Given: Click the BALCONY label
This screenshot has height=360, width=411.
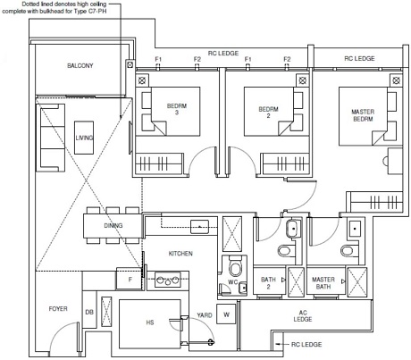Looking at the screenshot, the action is click(80, 65).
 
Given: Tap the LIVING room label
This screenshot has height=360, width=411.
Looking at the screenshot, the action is click(84, 138).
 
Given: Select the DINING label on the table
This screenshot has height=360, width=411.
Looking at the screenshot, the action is click(113, 226).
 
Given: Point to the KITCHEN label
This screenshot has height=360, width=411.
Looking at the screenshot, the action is click(180, 254).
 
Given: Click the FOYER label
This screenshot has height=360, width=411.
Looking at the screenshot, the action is click(58, 309).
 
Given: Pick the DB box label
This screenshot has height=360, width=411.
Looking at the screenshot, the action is click(89, 312).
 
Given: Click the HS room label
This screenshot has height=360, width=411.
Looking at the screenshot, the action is click(150, 322).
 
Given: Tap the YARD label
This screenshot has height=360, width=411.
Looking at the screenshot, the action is click(205, 315).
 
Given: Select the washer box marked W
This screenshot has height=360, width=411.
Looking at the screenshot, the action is click(226, 314).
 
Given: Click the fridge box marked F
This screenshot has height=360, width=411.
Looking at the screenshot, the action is click(129, 279).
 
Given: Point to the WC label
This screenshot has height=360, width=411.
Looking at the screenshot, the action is click(232, 282).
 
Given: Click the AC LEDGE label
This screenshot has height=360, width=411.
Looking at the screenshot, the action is click(303, 316).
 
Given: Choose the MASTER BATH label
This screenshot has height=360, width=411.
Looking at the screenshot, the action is click(323, 283).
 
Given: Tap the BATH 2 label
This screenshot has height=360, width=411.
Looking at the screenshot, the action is click(268, 283).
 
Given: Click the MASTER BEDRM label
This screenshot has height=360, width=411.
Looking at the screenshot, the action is click(363, 115).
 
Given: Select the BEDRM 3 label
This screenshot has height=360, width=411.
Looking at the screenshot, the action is click(177, 109).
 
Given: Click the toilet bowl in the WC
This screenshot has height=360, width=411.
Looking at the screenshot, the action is click(236, 269).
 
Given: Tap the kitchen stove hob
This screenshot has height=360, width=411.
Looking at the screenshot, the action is click(168, 280).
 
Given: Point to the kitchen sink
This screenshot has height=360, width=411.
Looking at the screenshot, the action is click(199, 227).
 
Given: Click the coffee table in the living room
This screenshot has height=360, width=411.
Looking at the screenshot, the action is click(84, 138).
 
